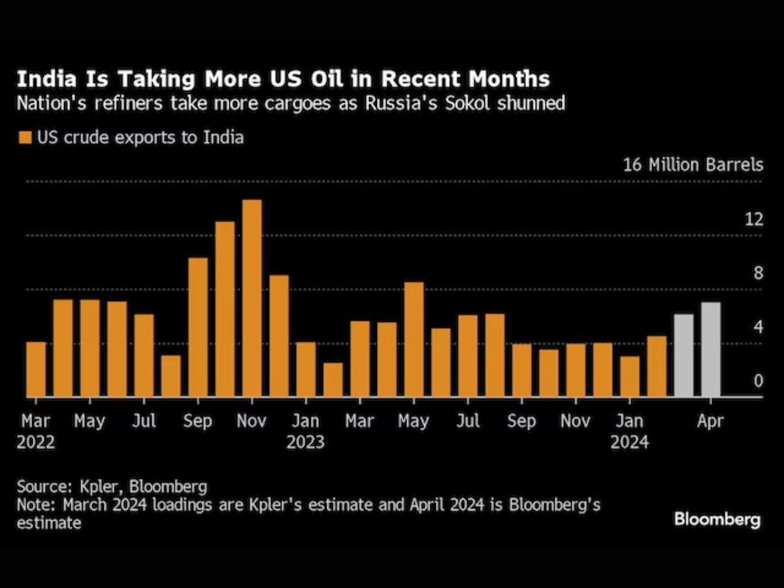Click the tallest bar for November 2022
coord(252,298)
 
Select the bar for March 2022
coord(36,369)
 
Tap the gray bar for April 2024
coord(710,350)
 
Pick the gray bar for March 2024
coord(683,355)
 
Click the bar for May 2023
coord(414,340)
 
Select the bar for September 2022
coord(197,327)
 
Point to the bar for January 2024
coord(630,376)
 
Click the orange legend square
coord(25,138)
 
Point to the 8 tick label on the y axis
coord(758,273)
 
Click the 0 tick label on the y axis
coord(758,381)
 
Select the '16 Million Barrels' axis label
coord(693,165)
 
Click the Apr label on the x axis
coord(710,421)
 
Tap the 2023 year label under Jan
coord(305,442)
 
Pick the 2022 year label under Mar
coord(36,442)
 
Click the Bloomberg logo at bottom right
coord(717,520)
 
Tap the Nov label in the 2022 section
coord(252,421)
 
